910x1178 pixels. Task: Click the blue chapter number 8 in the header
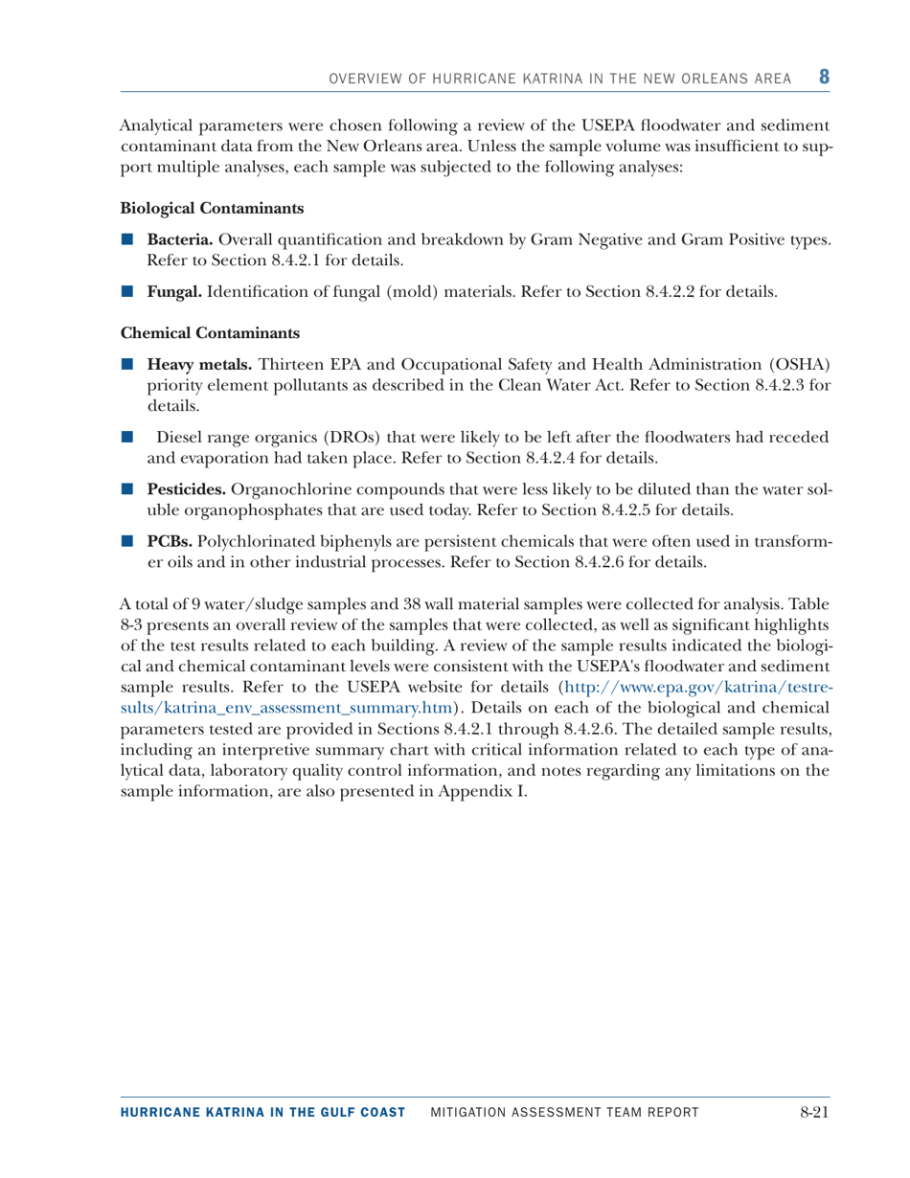(823, 76)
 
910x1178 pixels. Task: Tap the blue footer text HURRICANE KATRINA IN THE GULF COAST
(263, 1112)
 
